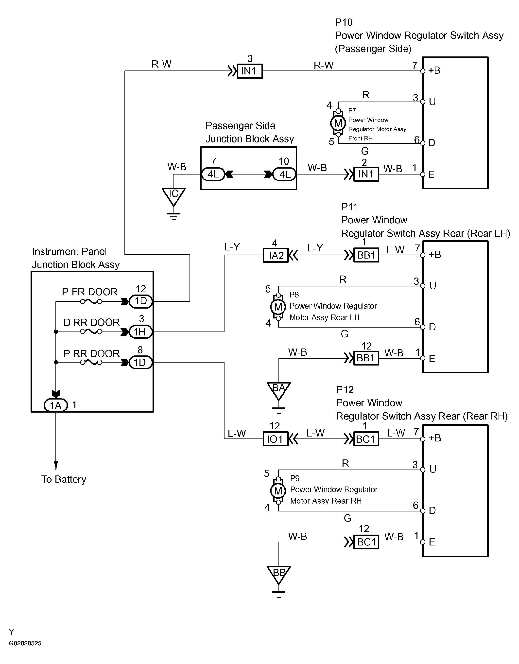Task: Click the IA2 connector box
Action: [x=276, y=255]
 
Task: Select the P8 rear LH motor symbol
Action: [x=278, y=307]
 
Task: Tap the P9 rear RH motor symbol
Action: [x=278, y=491]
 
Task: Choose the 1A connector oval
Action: [x=56, y=405]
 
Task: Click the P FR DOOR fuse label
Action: [x=90, y=292]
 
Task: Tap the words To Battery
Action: [x=64, y=479]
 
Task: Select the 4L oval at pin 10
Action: [x=285, y=175]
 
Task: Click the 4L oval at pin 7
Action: [x=213, y=175]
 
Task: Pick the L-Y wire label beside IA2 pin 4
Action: [x=232, y=247]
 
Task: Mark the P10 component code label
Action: [x=344, y=22]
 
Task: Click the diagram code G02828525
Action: [x=25, y=643]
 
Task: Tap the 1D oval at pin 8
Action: [x=140, y=362]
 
